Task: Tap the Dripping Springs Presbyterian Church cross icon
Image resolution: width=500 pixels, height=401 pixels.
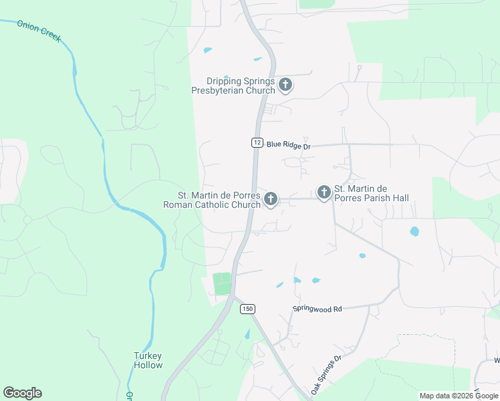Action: tap(285, 85)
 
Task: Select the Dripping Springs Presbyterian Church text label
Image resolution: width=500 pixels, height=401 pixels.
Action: tap(233, 86)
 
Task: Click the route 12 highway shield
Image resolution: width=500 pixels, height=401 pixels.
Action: tap(257, 142)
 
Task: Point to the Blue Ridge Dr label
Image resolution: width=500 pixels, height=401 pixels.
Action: tap(289, 144)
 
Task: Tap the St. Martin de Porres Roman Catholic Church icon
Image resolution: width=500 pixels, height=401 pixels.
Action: tap(271, 198)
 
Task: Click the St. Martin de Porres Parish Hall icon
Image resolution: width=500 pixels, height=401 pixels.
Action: tap(324, 193)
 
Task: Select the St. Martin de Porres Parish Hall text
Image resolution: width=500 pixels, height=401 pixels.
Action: tap(371, 194)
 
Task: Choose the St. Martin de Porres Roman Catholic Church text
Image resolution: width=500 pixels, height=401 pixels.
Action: tap(212, 200)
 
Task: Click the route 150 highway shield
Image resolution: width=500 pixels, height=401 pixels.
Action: tap(247, 308)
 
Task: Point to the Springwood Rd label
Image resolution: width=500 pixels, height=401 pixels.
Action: tap(317, 309)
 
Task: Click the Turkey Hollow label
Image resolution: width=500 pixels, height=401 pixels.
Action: tap(148, 360)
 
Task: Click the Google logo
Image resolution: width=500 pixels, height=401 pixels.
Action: tap(22, 393)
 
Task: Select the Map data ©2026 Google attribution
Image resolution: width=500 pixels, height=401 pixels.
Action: tap(459, 396)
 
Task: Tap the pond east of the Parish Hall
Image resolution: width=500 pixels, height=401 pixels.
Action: tap(414, 232)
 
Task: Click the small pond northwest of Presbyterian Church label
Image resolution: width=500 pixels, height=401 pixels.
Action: tap(207, 50)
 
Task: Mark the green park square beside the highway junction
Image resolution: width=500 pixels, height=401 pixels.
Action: tap(222, 283)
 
